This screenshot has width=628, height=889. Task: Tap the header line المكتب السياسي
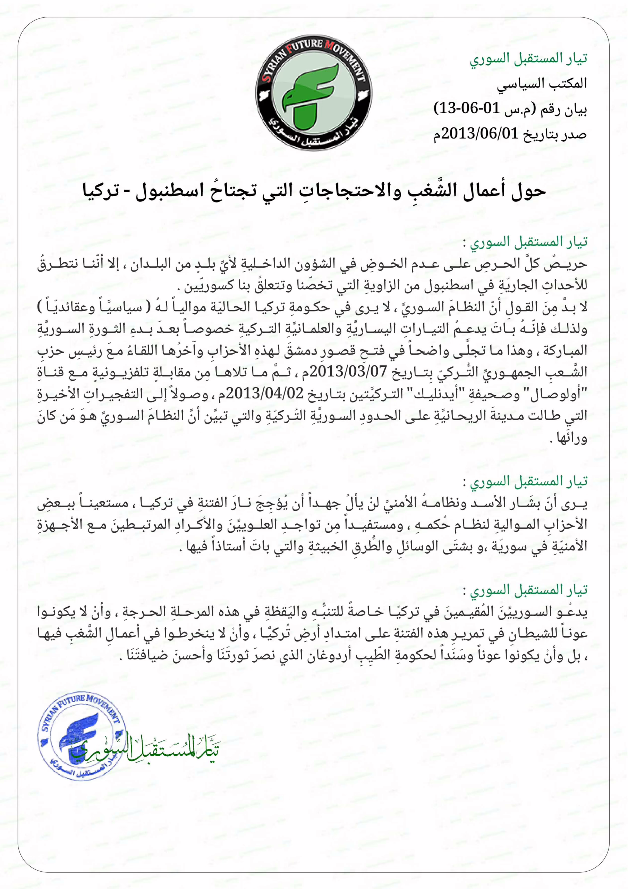(x=542, y=83)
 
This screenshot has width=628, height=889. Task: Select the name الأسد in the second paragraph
(x=478, y=503)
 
